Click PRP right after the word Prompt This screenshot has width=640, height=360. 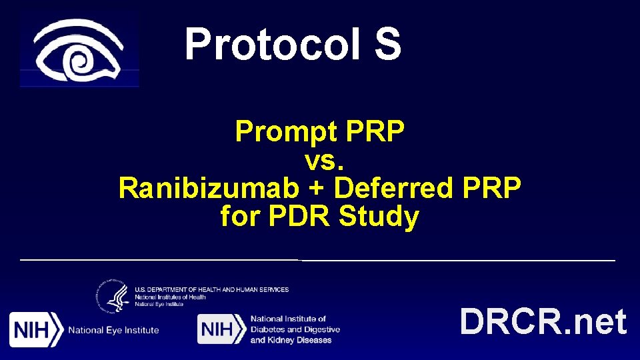pyautogui.click(x=375, y=133)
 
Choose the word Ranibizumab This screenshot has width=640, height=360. pyautogui.click(x=209, y=189)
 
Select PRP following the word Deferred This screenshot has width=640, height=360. pyautogui.click(x=493, y=189)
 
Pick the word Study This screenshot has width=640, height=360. pyautogui.click(x=379, y=217)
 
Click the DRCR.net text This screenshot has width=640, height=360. pyautogui.click(x=543, y=322)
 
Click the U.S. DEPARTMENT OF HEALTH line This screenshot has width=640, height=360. pyautogui.click(x=211, y=289)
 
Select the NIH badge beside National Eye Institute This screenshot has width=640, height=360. pyautogui.click(x=36, y=329)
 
